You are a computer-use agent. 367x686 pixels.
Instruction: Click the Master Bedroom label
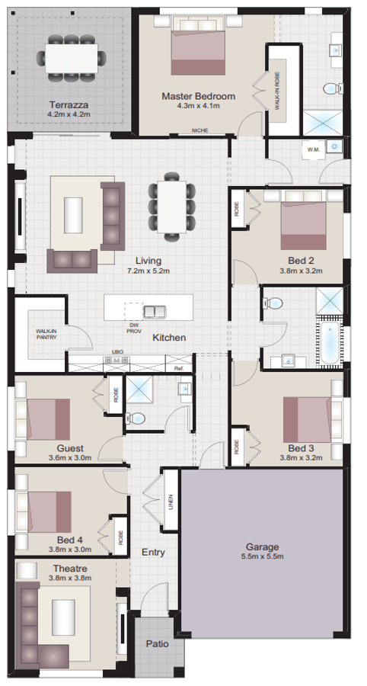click(198, 96)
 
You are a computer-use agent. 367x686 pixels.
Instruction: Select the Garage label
click(262, 547)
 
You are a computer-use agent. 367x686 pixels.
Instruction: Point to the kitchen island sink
click(155, 310)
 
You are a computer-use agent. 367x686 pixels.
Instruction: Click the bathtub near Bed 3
click(327, 343)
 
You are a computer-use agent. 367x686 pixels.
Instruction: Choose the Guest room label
click(70, 448)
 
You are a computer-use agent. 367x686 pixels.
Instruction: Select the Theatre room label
click(69, 569)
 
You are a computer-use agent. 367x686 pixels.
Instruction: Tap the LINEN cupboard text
click(171, 501)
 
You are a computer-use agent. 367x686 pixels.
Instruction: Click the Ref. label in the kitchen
click(179, 368)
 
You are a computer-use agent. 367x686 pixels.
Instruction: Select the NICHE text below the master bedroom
click(200, 130)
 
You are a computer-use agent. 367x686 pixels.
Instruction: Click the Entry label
click(153, 553)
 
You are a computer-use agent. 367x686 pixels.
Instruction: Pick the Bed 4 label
click(70, 537)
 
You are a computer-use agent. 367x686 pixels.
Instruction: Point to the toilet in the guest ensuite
click(135, 417)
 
